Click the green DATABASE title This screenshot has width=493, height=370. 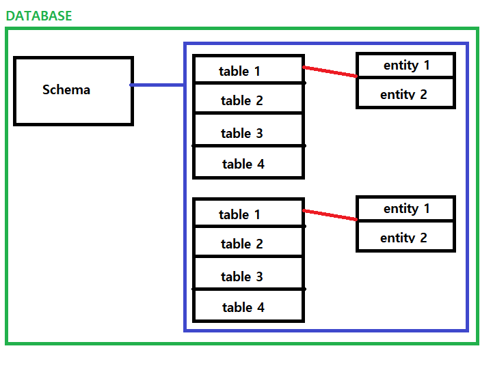pyautogui.click(x=39, y=16)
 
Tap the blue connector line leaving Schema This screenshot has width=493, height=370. pyautogui.click(x=157, y=85)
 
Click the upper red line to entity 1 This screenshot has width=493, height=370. pyautogui.click(x=330, y=72)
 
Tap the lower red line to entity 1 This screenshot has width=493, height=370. pyautogui.click(x=330, y=215)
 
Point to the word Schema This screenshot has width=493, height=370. pyautogui.click(x=66, y=89)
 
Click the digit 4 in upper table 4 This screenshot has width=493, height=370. pyautogui.click(x=261, y=164)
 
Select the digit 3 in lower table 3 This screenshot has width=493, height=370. pyautogui.click(x=259, y=276)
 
